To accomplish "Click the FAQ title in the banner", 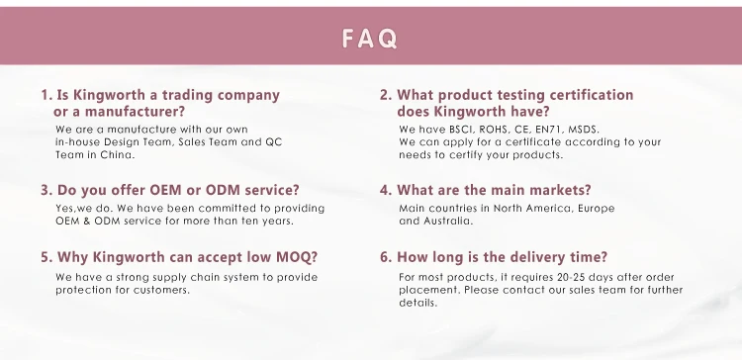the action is pyautogui.click(x=370, y=39).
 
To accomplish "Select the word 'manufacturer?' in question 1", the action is pyautogui.click(x=135, y=112).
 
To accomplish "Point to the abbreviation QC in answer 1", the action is pyautogui.click(x=273, y=141).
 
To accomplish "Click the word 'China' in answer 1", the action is pyautogui.click(x=117, y=154).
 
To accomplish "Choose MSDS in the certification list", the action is pyautogui.click(x=584, y=130).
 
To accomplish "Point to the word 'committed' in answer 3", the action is pyautogui.click(x=229, y=209).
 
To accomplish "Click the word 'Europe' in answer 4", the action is pyautogui.click(x=596, y=209).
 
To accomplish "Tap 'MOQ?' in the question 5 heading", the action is pyautogui.click(x=297, y=257).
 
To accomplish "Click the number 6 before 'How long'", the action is pyautogui.click(x=386, y=257).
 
